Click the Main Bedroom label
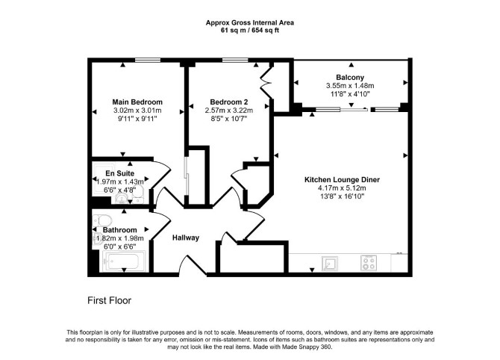point(137,102)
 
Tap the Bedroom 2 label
point(228,102)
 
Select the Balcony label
point(350,77)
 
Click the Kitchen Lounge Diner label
point(342,180)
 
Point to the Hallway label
point(186,238)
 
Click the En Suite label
point(120,173)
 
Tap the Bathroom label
point(119,230)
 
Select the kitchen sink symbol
point(329,263)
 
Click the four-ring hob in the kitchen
point(369,263)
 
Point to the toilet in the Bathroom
point(102,220)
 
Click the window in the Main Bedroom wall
point(147,60)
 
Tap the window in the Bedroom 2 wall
point(235,60)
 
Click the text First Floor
point(110,301)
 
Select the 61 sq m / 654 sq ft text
point(250,31)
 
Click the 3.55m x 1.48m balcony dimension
point(350,86)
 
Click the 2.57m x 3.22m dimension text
point(228,111)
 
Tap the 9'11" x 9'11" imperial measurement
point(137,119)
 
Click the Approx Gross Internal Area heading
point(250,22)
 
